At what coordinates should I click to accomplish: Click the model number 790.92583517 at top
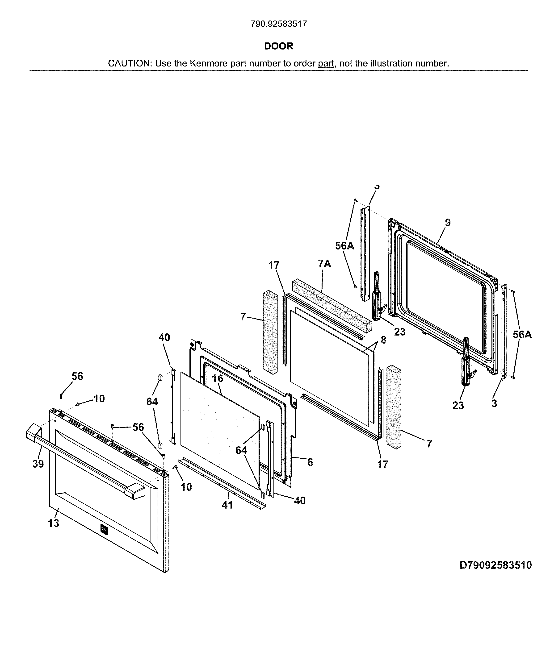[x=278, y=24]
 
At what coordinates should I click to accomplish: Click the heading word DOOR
[x=278, y=46]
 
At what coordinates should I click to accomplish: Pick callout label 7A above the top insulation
[x=324, y=263]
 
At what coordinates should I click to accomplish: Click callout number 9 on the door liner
[x=447, y=223]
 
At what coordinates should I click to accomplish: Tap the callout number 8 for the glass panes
[x=383, y=340]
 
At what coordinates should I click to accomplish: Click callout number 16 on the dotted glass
[x=217, y=378]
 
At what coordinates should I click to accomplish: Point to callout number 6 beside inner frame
[x=310, y=462]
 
